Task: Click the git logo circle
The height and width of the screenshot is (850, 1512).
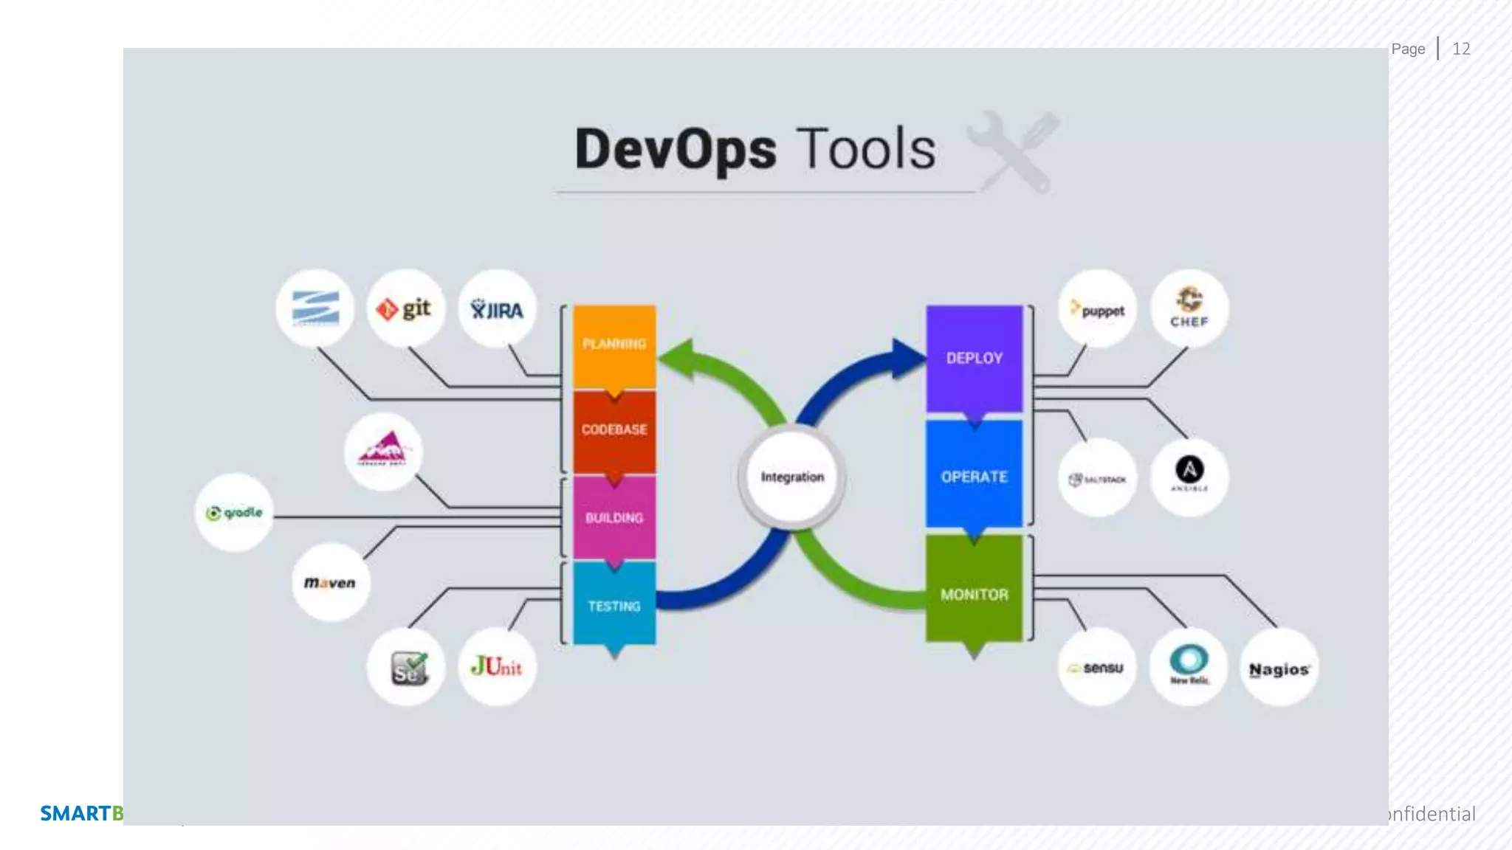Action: [x=405, y=308]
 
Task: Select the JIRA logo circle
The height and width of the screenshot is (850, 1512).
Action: [x=497, y=309]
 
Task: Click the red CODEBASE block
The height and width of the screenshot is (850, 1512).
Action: [x=614, y=430]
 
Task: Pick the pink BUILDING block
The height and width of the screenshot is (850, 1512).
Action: [x=614, y=517]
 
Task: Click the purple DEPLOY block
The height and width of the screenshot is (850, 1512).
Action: [x=975, y=359]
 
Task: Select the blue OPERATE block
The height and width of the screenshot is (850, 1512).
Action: [x=975, y=476]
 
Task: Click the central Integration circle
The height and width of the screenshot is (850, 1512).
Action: [x=792, y=477]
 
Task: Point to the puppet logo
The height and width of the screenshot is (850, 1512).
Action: [x=1098, y=310]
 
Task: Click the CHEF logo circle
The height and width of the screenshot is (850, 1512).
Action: [x=1189, y=308]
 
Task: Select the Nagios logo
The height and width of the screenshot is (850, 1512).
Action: [x=1279, y=668]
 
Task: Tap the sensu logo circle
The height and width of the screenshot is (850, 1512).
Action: [x=1097, y=668]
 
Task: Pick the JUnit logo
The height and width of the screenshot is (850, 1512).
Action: [x=497, y=667]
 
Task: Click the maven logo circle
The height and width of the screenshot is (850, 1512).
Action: [x=330, y=583]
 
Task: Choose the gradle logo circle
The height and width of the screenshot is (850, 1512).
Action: [x=235, y=513]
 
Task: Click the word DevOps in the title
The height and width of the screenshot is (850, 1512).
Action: [x=675, y=150]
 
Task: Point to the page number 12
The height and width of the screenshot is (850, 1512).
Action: [x=1461, y=49]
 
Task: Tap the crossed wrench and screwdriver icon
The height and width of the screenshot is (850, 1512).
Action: [x=1014, y=151]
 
